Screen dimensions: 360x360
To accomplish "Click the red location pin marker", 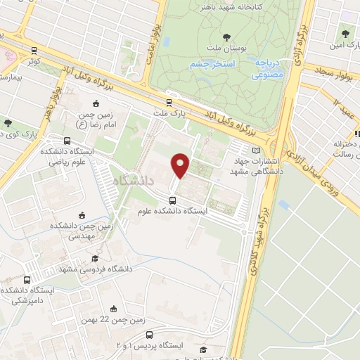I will (180, 165).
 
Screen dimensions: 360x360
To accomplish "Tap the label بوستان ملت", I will (226, 47).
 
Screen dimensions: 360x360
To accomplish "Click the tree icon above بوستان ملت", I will (226, 37).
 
